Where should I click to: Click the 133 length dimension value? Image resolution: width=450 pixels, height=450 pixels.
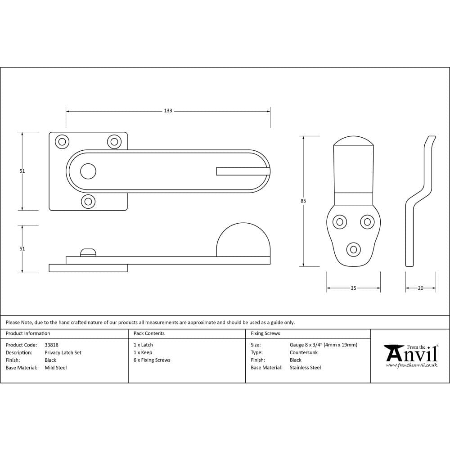[x=168, y=111]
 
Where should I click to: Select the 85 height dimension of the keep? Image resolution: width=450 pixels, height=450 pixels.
[x=303, y=201]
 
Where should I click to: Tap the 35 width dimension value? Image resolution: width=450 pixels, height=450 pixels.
[x=353, y=288]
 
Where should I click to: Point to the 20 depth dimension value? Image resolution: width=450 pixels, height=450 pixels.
[x=421, y=288]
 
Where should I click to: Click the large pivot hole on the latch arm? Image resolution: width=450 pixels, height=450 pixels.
[x=88, y=171]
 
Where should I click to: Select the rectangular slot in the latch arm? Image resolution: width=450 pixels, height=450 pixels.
[x=243, y=171]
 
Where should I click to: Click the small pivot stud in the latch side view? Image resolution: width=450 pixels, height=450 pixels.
[x=88, y=252]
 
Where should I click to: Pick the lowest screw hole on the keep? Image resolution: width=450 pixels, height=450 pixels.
[x=353, y=249]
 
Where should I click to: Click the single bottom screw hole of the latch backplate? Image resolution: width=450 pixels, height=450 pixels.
[x=89, y=201]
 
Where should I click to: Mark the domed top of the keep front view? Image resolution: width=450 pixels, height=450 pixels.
[x=353, y=141]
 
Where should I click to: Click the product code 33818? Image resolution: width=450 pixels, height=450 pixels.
[x=51, y=345]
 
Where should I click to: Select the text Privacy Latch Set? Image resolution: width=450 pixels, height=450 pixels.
[x=63, y=353]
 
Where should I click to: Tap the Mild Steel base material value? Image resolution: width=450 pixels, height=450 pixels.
[x=56, y=368]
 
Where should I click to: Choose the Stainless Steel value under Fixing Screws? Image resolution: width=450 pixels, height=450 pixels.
[x=305, y=368]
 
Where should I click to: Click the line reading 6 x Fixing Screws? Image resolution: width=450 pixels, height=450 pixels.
[x=152, y=360]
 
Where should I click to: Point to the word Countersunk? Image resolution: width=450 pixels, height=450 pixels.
[x=304, y=353]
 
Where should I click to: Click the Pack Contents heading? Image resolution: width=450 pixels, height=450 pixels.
[x=149, y=333]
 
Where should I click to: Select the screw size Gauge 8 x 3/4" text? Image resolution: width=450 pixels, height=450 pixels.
[x=324, y=345]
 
